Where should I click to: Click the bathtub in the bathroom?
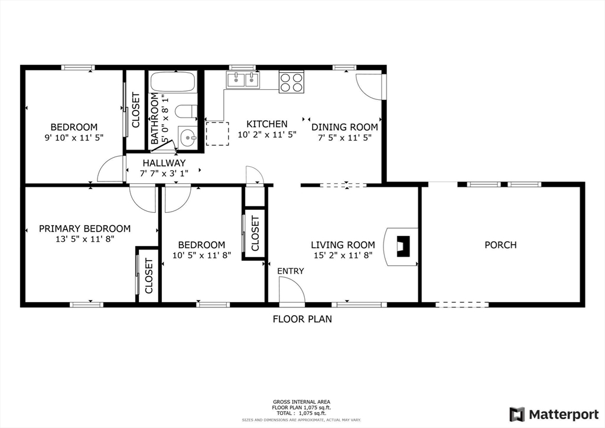[x=172, y=82]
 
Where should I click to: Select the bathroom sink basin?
[x=188, y=138]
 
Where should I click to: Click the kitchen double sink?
[x=243, y=79]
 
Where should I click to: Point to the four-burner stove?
[x=291, y=82]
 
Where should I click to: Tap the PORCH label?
[x=500, y=245]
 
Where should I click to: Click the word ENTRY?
[x=291, y=271]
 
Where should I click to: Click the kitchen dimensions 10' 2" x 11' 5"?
[x=266, y=135]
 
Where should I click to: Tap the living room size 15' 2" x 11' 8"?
[x=343, y=255]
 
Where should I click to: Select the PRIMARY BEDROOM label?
[x=84, y=229]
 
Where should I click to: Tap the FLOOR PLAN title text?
[x=302, y=319]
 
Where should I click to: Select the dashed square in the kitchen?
[x=217, y=133]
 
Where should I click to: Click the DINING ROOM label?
[x=344, y=127]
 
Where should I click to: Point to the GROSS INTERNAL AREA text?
[x=302, y=401]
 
